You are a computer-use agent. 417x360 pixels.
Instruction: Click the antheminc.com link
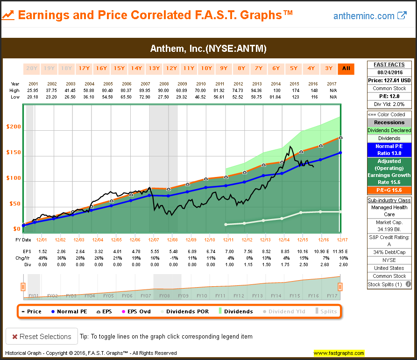tap(364, 16)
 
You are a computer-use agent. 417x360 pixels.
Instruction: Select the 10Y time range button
tap(206, 68)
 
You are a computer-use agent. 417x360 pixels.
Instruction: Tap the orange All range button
tap(346, 68)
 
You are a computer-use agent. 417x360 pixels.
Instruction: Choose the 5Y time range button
tap(294, 68)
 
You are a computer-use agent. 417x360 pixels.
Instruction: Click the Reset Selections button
tap(42, 336)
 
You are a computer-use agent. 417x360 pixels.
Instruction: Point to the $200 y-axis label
tap(14, 127)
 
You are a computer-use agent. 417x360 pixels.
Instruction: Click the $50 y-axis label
tap(15, 204)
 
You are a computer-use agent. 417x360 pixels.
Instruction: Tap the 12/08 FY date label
tap(172, 240)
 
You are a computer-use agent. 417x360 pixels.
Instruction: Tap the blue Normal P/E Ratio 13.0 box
tap(389, 149)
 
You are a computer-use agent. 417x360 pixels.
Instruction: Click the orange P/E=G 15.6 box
tap(389, 190)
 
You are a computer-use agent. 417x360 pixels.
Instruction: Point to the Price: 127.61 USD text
tap(389, 80)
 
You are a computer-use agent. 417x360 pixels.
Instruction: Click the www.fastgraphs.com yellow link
tap(339, 353)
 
